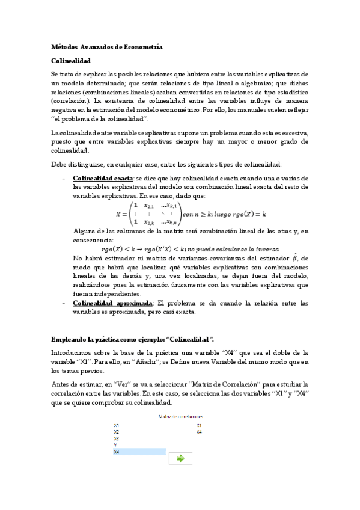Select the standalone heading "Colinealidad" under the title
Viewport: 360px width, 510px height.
(x=71, y=61)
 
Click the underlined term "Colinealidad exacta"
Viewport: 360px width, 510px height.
(x=103, y=179)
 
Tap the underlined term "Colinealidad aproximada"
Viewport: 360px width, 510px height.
(x=112, y=303)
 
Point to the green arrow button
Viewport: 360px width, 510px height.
(x=180, y=458)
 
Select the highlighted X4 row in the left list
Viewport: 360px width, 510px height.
(x=139, y=451)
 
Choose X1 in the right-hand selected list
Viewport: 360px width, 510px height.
(x=199, y=425)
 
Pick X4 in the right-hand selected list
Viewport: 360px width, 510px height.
(x=199, y=432)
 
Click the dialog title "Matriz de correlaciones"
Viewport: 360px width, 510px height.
(x=180, y=416)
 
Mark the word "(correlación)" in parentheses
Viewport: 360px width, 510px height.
(x=72, y=102)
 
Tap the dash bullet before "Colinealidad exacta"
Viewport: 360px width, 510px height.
(x=64, y=179)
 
